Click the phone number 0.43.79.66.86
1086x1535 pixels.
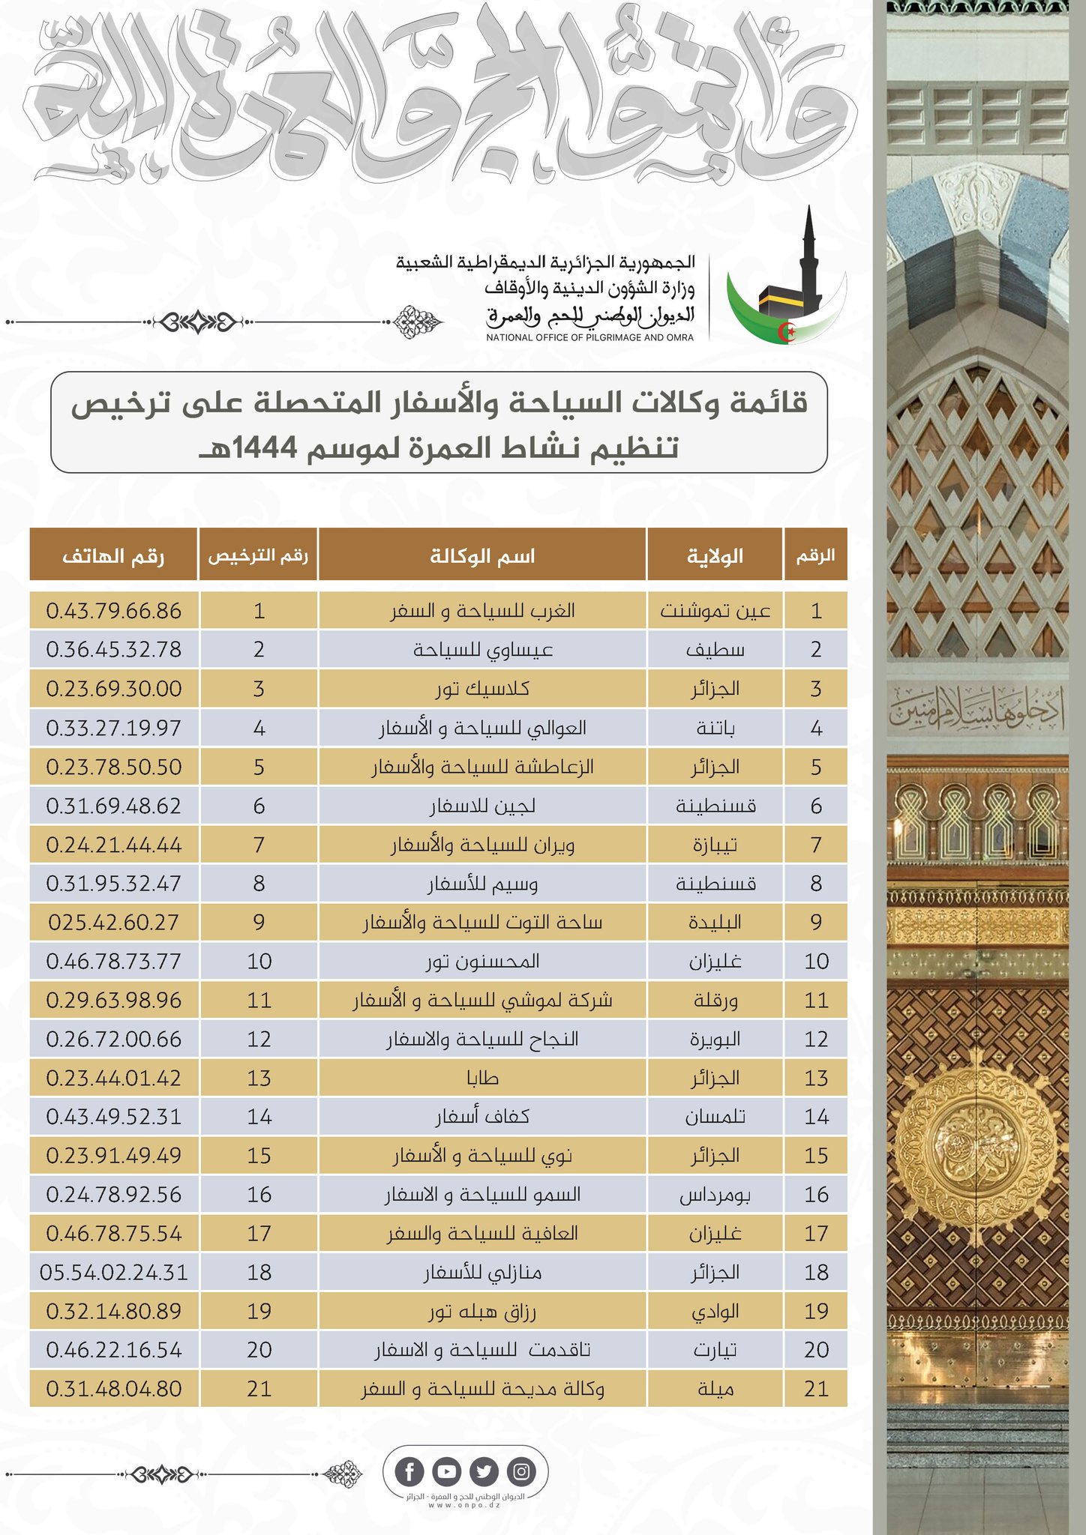point(114,611)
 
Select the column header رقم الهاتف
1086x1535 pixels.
point(113,556)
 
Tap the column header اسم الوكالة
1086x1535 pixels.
point(482,556)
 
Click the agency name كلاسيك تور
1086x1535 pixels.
point(482,689)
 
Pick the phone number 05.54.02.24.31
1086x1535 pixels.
point(114,1272)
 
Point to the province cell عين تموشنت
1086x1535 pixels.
point(715,611)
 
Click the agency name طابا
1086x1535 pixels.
point(482,1078)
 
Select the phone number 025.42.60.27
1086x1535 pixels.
point(114,922)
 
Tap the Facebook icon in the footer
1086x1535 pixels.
point(409,1472)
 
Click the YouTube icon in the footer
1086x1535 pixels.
point(446,1472)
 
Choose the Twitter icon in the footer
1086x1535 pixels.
point(484,1472)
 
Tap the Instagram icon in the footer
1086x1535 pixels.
point(521,1472)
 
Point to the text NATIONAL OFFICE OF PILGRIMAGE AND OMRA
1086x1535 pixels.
point(589,337)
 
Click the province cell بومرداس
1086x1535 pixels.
point(715,1195)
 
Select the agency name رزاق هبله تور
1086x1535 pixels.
point(482,1311)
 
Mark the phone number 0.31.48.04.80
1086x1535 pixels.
point(114,1389)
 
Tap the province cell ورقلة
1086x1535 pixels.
point(715,1000)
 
